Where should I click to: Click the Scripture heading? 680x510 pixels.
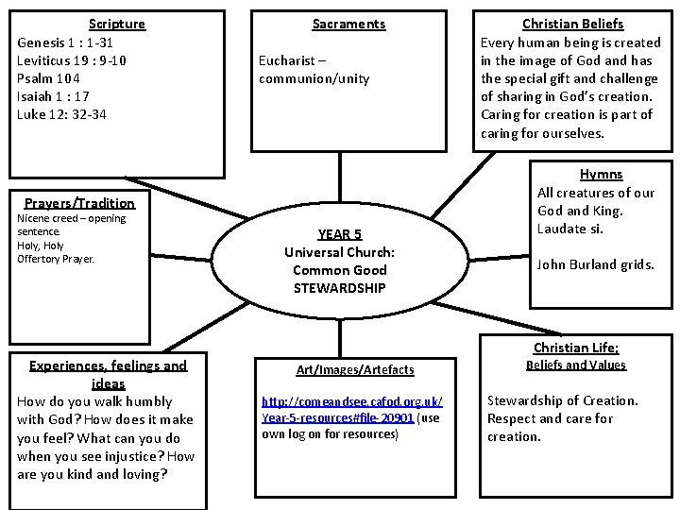pyautogui.click(x=117, y=24)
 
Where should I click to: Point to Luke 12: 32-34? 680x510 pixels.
pyautogui.click(x=62, y=114)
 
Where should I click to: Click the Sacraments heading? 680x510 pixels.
pyautogui.click(x=348, y=24)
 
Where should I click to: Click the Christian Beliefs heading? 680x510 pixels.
pyautogui.click(x=573, y=24)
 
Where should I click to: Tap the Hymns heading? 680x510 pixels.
pyautogui.click(x=601, y=175)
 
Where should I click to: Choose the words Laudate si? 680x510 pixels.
pyautogui.click(x=569, y=229)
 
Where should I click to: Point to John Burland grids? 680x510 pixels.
pyautogui.click(x=595, y=264)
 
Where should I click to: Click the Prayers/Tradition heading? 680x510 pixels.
pyautogui.click(x=79, y=203)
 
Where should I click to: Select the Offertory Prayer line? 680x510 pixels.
pyautogui.click(x=56, y=258)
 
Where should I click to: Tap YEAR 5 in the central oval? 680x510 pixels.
pyautogui.click(x=339, y=234)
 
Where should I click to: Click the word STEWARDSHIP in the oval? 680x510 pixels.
pyautogui.click(x=339, y=288)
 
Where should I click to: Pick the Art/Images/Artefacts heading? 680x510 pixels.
pyautogui.click(x=355, y=369)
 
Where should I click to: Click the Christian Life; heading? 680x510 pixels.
pyautogui.click(x=576, y=348)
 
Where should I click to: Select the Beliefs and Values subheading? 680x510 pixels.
pyautogui.click(x=576, y=365)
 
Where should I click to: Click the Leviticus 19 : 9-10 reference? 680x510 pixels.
pyautogui.click(x=72, y=60)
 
